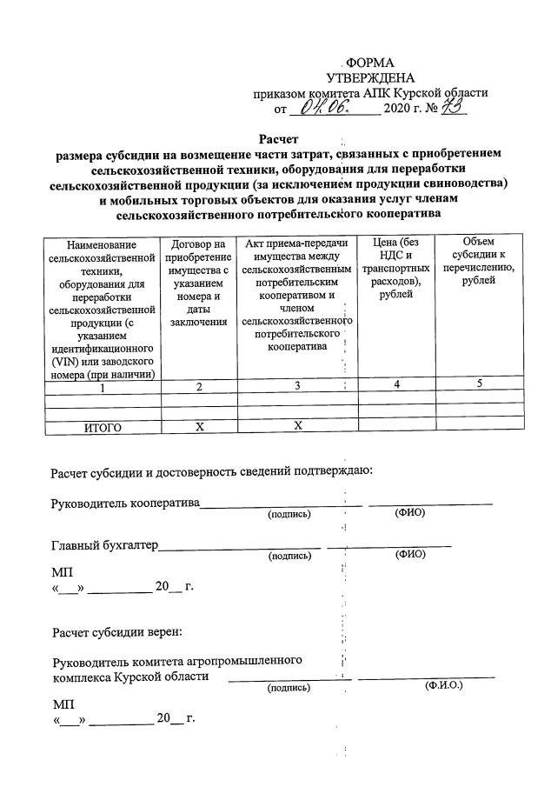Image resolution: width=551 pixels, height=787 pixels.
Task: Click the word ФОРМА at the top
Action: (x=369, y=63)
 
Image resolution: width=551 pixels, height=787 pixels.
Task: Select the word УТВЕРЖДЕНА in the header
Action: (x=369, y=78)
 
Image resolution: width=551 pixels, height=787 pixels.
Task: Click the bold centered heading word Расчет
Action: (x=278, y=139)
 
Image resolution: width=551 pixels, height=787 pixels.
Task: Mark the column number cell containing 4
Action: (x=395, y=385)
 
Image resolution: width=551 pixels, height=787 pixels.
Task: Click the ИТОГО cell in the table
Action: (x=103, y=427)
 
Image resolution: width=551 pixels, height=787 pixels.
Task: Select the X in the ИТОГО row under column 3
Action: (x=296, y=426)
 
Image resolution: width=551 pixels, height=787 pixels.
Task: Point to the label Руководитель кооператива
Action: (x=125, y=504)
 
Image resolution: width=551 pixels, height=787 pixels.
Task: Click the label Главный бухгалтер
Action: (x=104, y=545)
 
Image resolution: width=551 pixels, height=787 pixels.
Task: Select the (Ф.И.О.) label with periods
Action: (x=443, y=686)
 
